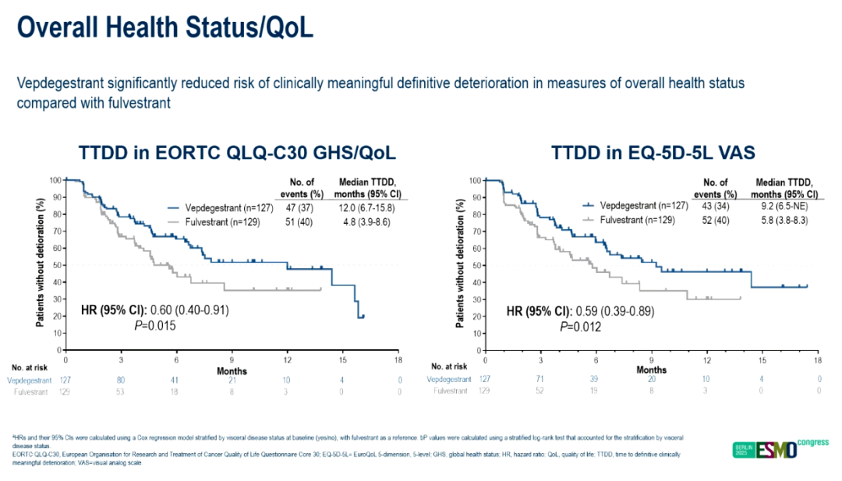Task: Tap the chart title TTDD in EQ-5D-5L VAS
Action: (653, 154)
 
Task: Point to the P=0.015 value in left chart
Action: (153, 326)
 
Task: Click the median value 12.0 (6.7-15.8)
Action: (366, 207)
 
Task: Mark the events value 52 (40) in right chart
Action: (719, 221)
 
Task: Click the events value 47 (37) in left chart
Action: (301, 207)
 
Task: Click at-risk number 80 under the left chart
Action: (121, 380)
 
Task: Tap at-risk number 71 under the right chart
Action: (540, 380)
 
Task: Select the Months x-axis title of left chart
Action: (232, 371)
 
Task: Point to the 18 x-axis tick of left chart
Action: (398, 360)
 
